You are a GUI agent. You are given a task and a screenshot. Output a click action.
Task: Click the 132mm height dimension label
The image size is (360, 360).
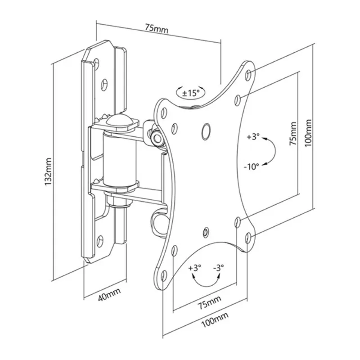point(48,171)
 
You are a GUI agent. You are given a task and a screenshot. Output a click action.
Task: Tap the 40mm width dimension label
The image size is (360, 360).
point(109,294)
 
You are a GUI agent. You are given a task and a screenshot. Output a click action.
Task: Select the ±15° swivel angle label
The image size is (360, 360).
point(191,93)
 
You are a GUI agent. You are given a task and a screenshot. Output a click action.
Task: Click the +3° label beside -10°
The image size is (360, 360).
point(253,137)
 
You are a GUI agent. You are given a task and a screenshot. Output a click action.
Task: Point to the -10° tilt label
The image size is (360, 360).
point(252,166)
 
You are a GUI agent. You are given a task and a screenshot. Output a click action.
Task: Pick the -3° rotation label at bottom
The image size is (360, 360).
point(218,268)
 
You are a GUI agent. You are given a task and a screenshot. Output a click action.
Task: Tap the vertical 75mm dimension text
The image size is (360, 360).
point(293,133)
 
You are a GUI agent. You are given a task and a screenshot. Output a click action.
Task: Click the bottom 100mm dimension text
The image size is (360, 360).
point(215,319)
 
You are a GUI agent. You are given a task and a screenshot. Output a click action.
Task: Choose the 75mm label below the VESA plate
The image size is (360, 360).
point(209,302)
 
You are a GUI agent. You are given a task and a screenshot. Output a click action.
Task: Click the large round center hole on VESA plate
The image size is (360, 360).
point(206,131)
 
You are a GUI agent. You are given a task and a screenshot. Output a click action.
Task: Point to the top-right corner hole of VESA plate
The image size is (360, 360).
point(248,75)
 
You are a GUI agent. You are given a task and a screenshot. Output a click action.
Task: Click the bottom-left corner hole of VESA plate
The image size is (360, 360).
point(164,275)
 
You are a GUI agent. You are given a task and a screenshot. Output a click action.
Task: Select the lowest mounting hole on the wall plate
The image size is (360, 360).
point(99,240)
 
